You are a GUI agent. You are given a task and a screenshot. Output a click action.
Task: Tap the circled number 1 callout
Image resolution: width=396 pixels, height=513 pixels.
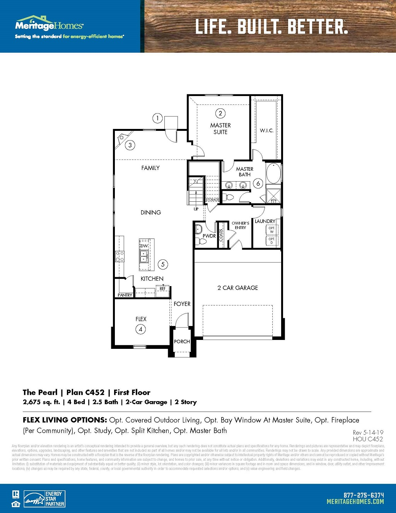pos(157,118)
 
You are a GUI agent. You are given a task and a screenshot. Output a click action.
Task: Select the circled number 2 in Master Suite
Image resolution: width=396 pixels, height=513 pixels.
pos(220,113)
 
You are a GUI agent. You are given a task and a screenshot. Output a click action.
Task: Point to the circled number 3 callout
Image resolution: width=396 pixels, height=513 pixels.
pos(130,145)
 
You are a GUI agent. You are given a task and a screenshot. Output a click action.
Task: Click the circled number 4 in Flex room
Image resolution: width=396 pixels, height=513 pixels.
pos(141,329)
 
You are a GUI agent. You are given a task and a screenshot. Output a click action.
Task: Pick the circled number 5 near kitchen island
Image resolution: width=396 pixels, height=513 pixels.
pos(163,264)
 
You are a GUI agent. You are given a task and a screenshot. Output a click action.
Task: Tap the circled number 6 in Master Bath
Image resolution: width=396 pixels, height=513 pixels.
pos(258,184)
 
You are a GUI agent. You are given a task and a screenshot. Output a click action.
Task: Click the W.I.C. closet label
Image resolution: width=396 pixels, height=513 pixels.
pos(266,130)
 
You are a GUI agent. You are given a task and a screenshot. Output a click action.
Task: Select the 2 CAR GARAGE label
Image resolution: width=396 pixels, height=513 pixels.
pos(237,288)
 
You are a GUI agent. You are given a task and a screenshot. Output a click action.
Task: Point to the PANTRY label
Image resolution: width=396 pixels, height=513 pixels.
pos(125,295)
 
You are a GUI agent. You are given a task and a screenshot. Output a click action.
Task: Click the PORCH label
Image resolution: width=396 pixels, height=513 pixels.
pos(182,341)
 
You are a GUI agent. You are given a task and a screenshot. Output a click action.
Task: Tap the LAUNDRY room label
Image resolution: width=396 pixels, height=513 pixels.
pos(265,221)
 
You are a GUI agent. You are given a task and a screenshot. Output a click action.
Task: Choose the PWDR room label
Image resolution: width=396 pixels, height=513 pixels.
pos(209,236)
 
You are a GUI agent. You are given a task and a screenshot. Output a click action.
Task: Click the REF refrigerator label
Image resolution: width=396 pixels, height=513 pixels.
pos(162,288)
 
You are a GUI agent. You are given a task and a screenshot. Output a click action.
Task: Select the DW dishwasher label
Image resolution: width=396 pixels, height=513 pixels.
pos(144,246)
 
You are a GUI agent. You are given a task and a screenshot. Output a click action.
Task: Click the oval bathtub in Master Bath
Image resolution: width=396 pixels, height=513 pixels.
pos(273,174)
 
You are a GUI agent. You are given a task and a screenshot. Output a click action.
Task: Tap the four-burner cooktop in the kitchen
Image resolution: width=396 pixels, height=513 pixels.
pos(120,256)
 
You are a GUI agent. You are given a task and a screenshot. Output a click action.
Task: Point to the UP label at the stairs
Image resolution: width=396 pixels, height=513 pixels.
pos(196,209)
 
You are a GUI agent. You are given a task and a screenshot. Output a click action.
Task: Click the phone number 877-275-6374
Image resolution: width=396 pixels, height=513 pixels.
pos(364,495)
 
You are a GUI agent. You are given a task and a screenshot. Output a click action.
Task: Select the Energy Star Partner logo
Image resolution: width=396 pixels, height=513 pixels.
pos(44,499)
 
